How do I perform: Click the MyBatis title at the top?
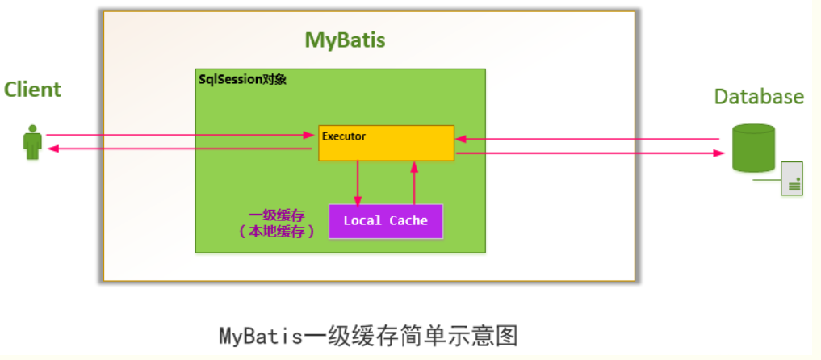(345, 40)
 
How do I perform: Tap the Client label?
(32, 90)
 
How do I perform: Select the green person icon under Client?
(32, 142)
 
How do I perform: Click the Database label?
(759, 97)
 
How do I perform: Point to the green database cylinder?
(752, 147)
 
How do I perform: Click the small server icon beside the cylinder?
(791, 178)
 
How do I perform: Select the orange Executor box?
(386, 143)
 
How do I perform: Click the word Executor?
(344, 136)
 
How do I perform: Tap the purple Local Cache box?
(386, 221)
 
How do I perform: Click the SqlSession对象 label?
(242, 80)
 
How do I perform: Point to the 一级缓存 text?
(276, 215)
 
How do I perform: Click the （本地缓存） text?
(276, 231)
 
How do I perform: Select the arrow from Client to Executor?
(178, 135)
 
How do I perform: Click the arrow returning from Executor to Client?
(178, 149)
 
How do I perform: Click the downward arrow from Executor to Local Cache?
(358, 182)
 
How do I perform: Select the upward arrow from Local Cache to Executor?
(414, 182)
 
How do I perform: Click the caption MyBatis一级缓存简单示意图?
(368, 335)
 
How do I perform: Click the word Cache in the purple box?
(408, 221)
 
